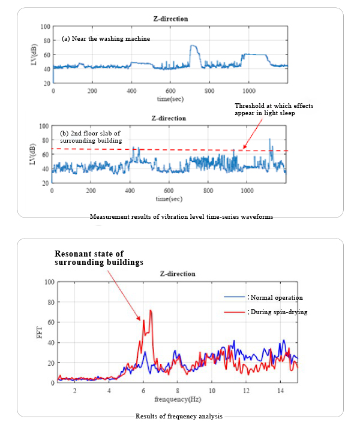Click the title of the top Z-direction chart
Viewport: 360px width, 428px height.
coord(170,19)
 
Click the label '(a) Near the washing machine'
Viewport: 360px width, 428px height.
coord(106,38)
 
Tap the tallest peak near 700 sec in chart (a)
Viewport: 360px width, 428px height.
coord(193,46)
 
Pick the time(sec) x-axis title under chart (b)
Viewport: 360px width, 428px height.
coord(170,197)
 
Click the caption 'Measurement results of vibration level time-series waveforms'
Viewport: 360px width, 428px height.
coord(181,216)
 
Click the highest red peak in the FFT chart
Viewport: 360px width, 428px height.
coord(151,311)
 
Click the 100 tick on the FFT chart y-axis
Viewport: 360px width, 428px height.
coord(49,282)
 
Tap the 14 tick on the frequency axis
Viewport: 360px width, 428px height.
coord(280,390)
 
